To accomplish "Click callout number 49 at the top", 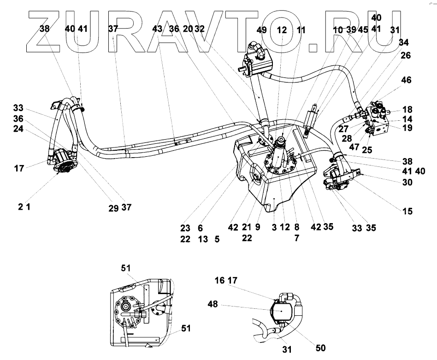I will tap(262, 31).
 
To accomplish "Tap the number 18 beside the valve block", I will tap(407, 110).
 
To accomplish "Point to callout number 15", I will tap(407, 212).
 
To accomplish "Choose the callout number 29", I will tap(113, 208).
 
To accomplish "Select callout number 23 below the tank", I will tap(185, 228).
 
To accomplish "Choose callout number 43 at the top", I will tap(157, 29).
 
